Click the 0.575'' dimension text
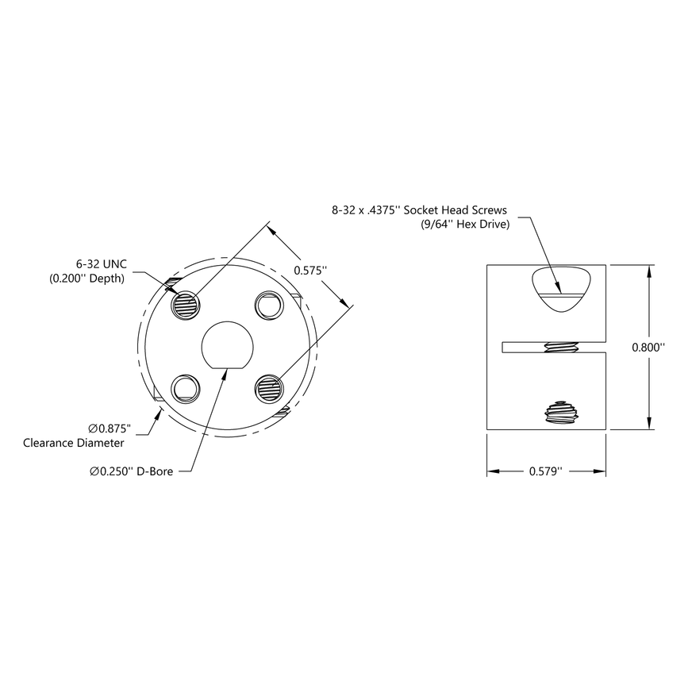click(311, 270)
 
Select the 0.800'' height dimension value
click(648, 347)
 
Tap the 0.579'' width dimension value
click(545, 471)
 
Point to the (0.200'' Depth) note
click(86, 279)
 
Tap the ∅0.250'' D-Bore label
click(131, 471)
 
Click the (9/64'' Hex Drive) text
click(465, 225)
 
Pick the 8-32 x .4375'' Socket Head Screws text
click(420, 211)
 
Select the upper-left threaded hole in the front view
click(186, 304)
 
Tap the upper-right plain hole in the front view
click(268, 304)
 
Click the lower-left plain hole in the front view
click(186, 386)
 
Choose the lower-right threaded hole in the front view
click(269, 386)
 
